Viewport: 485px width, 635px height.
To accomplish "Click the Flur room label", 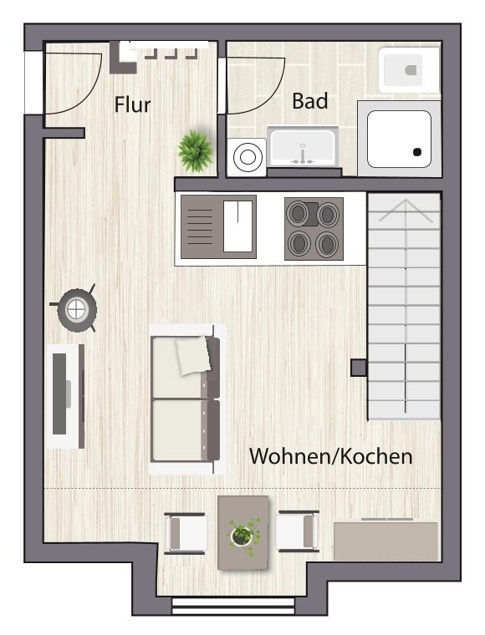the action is (132, 104).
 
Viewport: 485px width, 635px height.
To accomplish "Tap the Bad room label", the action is (310, 101).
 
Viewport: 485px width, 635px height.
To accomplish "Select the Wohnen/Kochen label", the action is (330, 456).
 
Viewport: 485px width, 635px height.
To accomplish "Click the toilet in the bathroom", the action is (409, 70).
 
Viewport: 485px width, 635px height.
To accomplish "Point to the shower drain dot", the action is (417, 152).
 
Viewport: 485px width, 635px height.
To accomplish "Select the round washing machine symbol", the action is (247, 157).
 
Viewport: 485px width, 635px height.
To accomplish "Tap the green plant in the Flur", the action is (196, 150).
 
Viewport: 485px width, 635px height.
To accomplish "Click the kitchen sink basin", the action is (237, 226).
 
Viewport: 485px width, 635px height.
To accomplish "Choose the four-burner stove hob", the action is (314, 229).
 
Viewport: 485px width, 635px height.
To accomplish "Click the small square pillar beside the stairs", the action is (359, 368).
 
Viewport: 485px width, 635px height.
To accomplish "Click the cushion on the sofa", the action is (193, 355).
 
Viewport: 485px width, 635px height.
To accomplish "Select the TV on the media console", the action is (60, 394).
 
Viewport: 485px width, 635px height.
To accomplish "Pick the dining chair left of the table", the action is (186, 533).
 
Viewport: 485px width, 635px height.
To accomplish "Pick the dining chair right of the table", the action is (297, 531).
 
